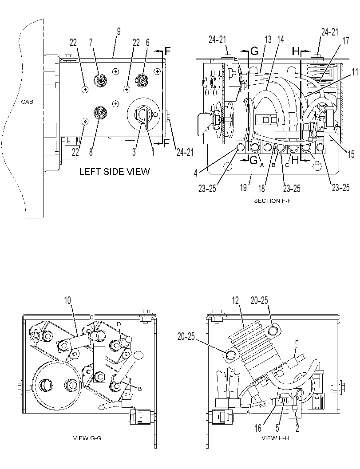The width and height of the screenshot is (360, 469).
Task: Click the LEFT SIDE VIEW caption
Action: click(115, 171)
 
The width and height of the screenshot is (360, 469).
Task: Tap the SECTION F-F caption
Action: click(272, 201)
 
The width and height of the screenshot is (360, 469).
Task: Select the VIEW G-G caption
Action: click(87, 438)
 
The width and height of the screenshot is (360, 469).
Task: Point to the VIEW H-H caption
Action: click(275, 438)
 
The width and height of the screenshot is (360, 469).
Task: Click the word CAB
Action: click(27, 102)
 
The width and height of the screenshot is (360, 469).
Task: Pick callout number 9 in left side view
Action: click(119, 32)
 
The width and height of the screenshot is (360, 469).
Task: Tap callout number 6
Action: click(147, 43)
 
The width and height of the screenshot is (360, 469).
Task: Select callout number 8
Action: click(91, 152)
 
